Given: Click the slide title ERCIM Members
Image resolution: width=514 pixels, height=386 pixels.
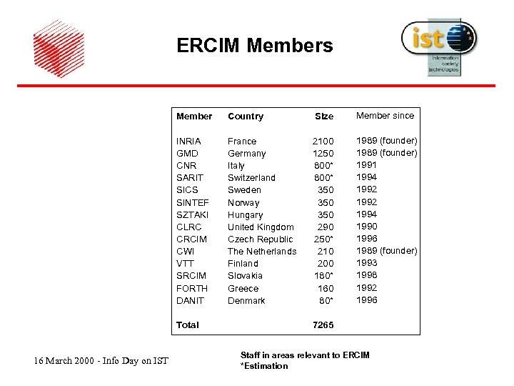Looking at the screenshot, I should click(255, 46).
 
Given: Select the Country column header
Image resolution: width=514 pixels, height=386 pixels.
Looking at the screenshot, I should click(246, 116).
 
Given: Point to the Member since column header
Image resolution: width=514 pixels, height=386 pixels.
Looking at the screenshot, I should click(385, 115).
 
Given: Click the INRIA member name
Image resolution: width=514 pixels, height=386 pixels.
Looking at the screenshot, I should click(188, 141).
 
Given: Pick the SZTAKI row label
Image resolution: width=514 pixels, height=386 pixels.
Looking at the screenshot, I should click(192, 214).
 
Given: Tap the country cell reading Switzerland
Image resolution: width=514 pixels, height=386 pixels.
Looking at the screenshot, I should click(251, 177).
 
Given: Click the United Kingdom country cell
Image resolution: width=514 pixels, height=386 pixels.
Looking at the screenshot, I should click(261, 227).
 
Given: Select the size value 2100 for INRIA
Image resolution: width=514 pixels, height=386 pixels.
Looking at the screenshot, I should click(323, 141).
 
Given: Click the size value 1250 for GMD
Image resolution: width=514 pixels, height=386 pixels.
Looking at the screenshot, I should click(323, 153).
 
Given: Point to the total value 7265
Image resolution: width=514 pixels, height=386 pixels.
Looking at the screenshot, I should click(323, 325).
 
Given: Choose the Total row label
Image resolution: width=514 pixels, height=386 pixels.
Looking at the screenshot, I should click(188, 325).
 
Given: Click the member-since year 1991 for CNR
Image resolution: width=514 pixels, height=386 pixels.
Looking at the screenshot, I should click(366, 164).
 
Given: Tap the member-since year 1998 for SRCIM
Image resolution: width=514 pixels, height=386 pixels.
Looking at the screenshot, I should click(366, 275).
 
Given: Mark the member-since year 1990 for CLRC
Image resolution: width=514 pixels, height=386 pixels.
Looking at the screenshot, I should click(366, 226).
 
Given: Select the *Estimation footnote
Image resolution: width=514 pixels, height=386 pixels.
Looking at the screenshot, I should click(264, 366).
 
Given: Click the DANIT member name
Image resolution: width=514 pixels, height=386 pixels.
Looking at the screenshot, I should click(190, 300).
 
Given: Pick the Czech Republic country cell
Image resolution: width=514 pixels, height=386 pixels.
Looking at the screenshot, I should click(260, 239).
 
